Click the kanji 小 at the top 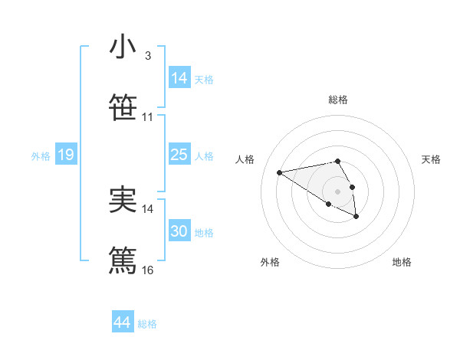[123, 47]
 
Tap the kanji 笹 [123, 107]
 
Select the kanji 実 [123, 201]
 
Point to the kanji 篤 [123, 260]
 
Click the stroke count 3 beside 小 [147, 56]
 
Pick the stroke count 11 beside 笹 [148, 117]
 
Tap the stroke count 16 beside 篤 [148, 270]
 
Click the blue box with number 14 [179, 78]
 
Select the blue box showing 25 [179, 155]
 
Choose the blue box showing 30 [179, 231]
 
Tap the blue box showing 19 [65, 155]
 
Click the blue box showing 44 [123, 322]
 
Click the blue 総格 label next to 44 [147, 324]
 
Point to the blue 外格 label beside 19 [41, 156]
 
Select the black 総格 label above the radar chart [338, 100]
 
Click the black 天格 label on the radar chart [432, 159]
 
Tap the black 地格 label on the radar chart [402, 262]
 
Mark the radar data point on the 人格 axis [280, 172]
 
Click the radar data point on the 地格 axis [356, 217]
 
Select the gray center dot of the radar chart [337, 191]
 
